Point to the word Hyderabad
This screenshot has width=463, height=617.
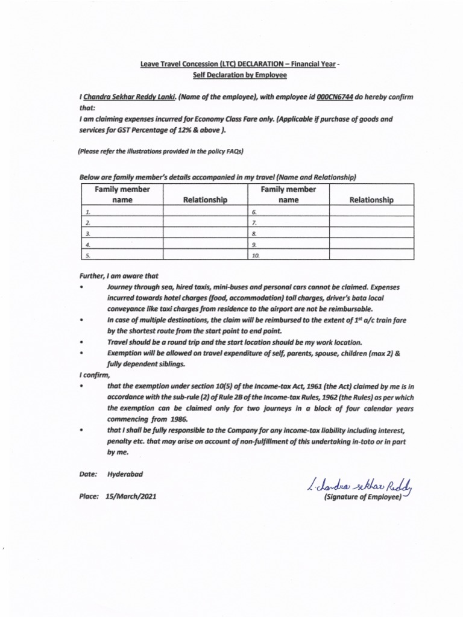pos(126,474)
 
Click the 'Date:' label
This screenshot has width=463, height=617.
pos(88,474)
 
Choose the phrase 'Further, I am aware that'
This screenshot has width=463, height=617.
pos(119,275)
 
